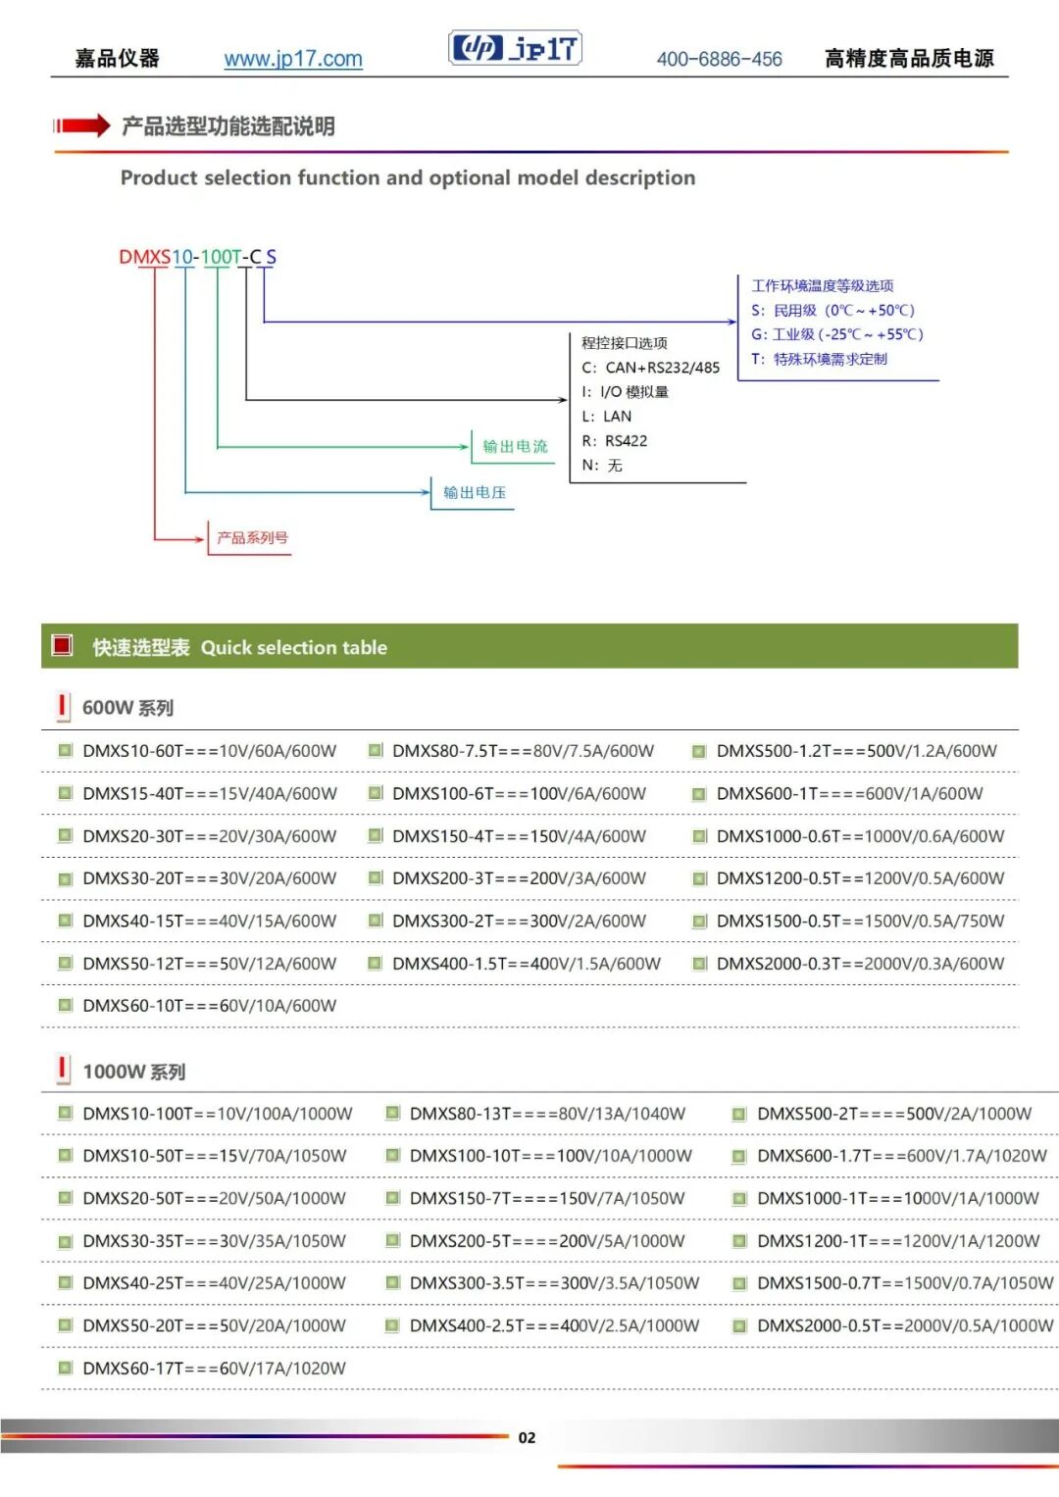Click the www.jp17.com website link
(293, 59)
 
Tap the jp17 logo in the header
(515, 47)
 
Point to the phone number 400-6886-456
(719, 59)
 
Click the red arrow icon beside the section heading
(81, 125)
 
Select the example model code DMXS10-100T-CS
(197, 257)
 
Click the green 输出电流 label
(515, 446)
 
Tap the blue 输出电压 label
(474, 492)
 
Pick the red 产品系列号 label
(252, 537)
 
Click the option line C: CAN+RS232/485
(650, 368)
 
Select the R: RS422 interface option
(615, 440)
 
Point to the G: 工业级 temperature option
(837, 334)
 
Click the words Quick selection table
(293, 647)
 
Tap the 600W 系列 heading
(127, 708)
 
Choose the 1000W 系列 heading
(133, 1072)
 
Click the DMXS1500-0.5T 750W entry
(860, 921)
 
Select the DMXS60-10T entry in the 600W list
(209, 1005)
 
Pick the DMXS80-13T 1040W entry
(547, 1114)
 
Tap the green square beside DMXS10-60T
(65, 751)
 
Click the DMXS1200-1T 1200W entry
(898, 1241)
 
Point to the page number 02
(527, 1437)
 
